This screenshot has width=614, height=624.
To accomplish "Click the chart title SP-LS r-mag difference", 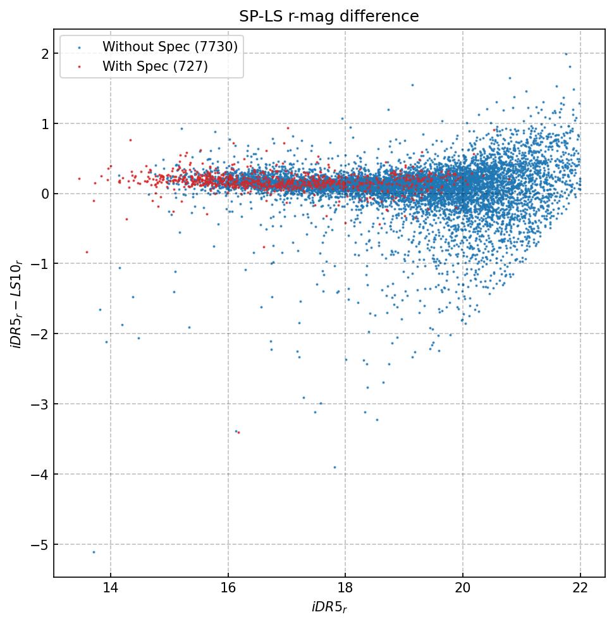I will click(329, 16).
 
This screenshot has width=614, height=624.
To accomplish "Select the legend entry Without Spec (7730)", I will click(169, 47).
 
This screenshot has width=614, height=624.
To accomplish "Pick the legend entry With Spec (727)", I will click(155, 66).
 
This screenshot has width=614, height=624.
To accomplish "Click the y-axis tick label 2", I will click(45, 54).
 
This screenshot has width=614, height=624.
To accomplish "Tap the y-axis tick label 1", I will click(45, 124).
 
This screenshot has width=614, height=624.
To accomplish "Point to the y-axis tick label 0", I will click(45, 194).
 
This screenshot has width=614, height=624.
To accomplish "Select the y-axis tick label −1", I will click(40, 264).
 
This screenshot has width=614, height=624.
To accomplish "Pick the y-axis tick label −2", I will click(40, 334).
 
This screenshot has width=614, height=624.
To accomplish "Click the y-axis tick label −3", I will click(40, 404).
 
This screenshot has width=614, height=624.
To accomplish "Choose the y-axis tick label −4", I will click(40, 475).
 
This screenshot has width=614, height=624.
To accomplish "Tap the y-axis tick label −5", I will click(40, 545).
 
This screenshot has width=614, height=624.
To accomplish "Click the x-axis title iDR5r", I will click(329, 608).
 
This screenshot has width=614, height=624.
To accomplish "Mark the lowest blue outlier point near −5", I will click(94, 552).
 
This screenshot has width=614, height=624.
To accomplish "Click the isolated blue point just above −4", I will click(335, 467).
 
